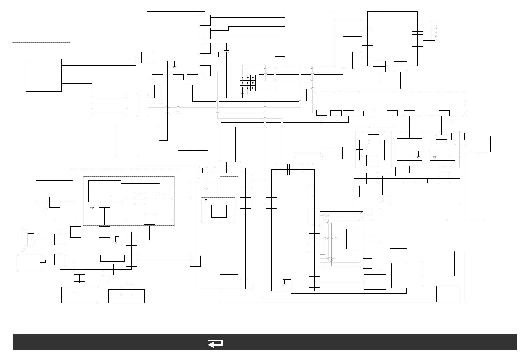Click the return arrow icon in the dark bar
pyautogui.click(x=215, y=343)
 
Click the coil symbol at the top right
pyautogui.click(x=435, y=33)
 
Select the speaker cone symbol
pyautogui.click(x=24, y=239)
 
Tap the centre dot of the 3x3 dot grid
pyautogui.click(x=248, y=83)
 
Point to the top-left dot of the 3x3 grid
pyautogui.click(x=242, y=77)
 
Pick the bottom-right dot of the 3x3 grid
pyautogui.click(x=253, y=88)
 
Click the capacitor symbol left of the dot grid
pyautogui.click(x=227, y=51)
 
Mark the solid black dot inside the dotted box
pyautogui.click(x=206, y=200)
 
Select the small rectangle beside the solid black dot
pyautogui.click(x=219, y=211)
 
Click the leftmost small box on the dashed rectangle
pyautogui.click(x=322, y=112)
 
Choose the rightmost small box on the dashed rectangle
pyautogui.click(x=444, y=113)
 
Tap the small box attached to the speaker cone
pyautogui.click(x=31, y=240)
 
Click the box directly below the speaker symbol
pyautogui.click(x=29, y=262)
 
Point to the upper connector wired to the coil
pyautogui.click(x=418, y=25)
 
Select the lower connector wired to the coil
pyautogui.click(x=418, y=40)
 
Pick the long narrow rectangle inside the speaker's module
pyautogui.click(x=112, y=258)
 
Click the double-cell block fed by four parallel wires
pyautogui.click(x=138, y=105)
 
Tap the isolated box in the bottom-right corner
pyautogui.click(x=448, y=294)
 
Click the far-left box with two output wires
pyautogui.click(x=44, y=75)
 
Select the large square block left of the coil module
pyautogui.click(x=310, y=39)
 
